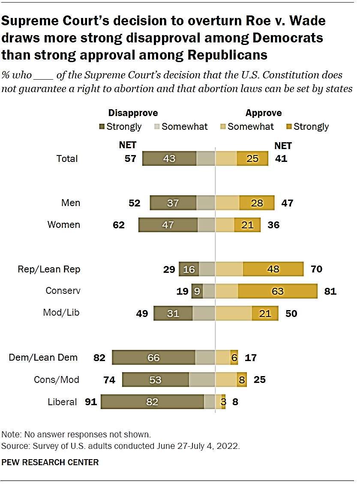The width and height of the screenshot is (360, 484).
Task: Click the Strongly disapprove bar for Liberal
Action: tap(152, 402)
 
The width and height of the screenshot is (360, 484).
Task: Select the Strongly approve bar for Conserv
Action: tap(277, 291)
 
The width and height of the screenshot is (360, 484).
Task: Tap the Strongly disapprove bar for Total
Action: tap(169, 158)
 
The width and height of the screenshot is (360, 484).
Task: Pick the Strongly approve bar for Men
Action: tap(257, 203)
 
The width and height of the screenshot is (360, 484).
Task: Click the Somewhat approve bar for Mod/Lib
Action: tap(233, 313)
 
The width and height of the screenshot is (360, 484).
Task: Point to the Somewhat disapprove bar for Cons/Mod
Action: tap(202, 379)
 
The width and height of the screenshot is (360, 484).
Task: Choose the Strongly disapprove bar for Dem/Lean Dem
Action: tap(153, 357)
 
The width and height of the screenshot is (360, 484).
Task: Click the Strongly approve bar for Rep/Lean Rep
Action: tap(273, 269)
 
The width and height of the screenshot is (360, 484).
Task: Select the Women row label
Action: tap(63, 224)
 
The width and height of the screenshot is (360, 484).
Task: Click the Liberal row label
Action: tap(63, 402)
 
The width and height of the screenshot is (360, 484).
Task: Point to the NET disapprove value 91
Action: tap(91, 402)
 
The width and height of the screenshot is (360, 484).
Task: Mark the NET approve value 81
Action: tap(330, 291)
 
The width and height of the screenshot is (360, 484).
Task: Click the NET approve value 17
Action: tap(250, 357)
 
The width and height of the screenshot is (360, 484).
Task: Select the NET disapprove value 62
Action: tap(118, 224)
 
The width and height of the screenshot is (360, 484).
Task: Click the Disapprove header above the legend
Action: tap(133, 113)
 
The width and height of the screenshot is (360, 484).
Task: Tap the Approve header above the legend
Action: tap(264, 113)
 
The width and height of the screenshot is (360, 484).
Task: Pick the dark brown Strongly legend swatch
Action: tap(102, 127)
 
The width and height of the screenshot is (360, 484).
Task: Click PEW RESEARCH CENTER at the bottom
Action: tap(50, 462)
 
